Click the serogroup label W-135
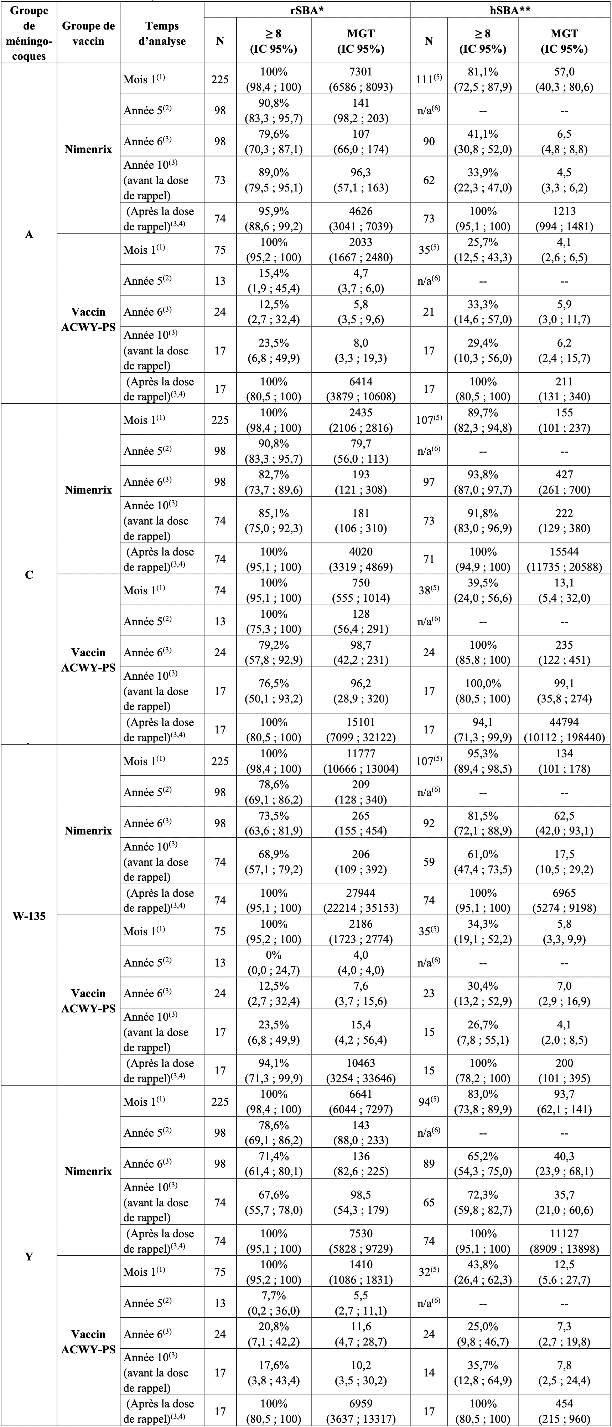point(29,916)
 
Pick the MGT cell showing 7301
point(361,80)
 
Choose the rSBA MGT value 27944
point(361,900)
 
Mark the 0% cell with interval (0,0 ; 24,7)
point(274,962)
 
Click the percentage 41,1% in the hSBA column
point(482,141)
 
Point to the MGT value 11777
point(361,760)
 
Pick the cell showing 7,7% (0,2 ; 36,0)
point(274,1303)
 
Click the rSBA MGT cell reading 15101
point(361,730)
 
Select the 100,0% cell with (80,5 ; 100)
point(482,691)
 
